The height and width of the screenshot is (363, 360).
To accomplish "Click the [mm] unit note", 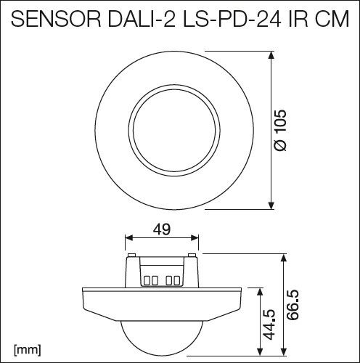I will [25, 350].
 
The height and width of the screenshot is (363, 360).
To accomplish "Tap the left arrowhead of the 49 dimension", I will [129, 238].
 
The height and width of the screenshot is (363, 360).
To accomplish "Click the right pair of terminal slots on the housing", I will [173, 279].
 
